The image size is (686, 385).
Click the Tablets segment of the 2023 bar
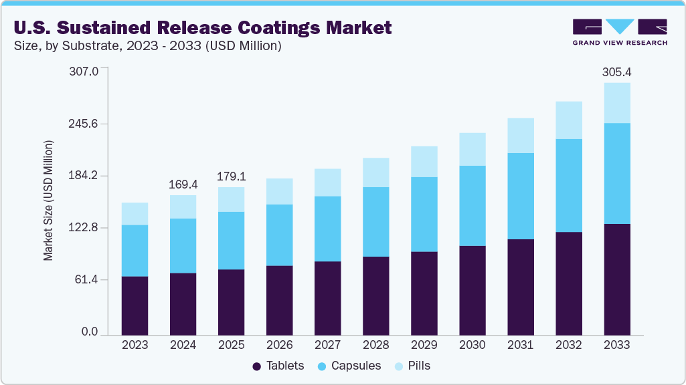pos(135,305)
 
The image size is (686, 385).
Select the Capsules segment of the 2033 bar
pos(616,173)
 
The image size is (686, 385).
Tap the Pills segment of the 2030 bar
pos(472,149)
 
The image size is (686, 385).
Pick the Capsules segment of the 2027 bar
pos(327,229)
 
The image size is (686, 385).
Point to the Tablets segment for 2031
pos(520,287)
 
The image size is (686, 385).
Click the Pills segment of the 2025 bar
pos(231,199)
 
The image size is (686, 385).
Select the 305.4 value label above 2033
pos(616,72)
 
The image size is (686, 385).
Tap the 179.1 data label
pos(231,176)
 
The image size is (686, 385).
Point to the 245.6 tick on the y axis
pos(84,124)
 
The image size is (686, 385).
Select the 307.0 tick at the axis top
pos(84,71)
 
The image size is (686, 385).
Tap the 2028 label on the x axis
pos(375,345)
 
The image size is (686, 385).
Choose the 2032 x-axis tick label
pos(568,345)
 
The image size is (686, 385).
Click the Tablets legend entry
pos(278,366)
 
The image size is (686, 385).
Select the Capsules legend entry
pos(349,366)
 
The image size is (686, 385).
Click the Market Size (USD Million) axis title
pos(48,201)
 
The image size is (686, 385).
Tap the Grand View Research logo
pos(620,32)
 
